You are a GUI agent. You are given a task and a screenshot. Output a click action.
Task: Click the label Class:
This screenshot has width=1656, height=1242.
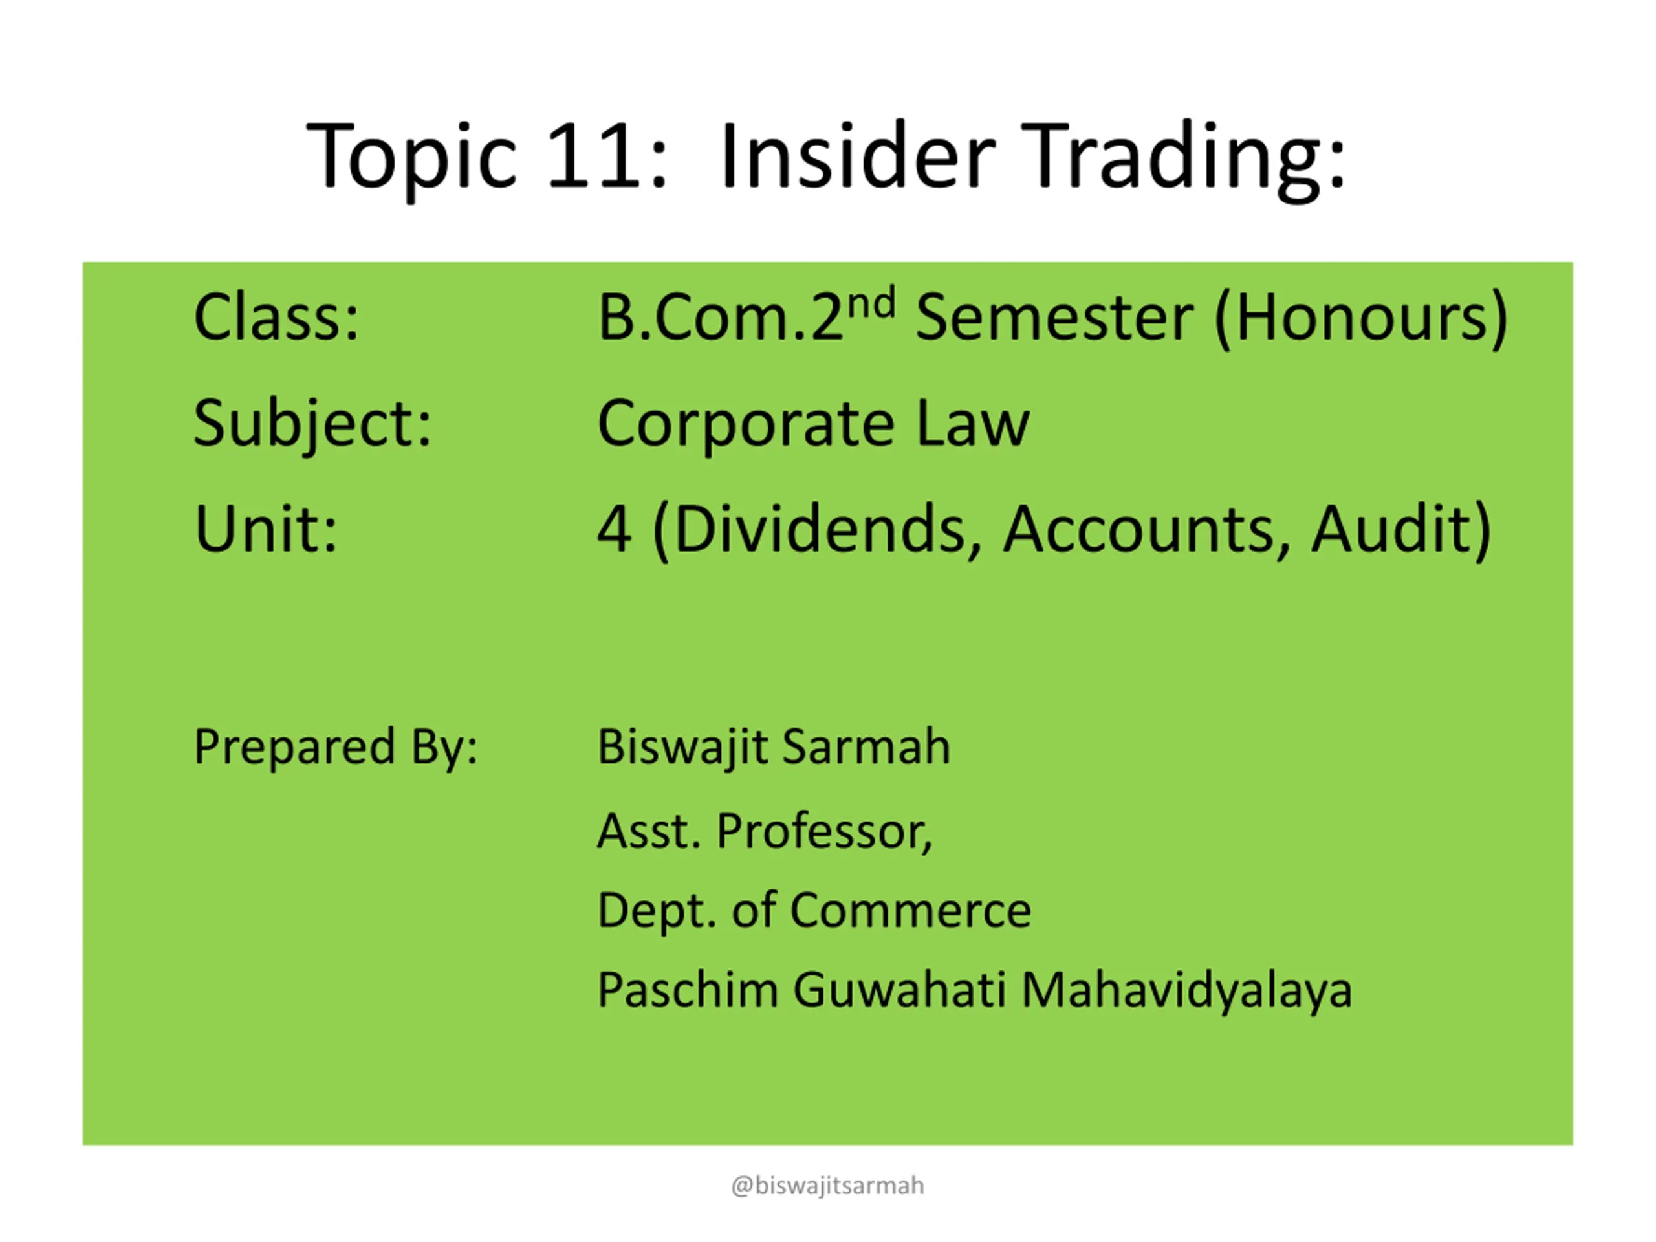click(x=276, y=317)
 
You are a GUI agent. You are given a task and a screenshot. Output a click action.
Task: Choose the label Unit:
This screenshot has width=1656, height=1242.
click(x=266, y=528)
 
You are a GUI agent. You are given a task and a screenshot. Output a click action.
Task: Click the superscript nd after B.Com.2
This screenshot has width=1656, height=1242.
click(x=871, y=303)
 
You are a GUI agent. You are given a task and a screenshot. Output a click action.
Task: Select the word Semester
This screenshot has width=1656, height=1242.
click(x=1054, y=318)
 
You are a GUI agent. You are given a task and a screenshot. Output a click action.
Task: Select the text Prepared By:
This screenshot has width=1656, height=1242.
click(x=335, y=748)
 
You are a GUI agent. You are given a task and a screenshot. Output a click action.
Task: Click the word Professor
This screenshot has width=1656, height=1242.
click(x=824, y=831)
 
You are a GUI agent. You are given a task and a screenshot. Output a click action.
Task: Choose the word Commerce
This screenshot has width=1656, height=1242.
click(x=910, y=910)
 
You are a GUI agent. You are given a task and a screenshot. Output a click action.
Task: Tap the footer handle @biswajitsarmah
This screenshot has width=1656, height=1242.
click(x=827, y=1186)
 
